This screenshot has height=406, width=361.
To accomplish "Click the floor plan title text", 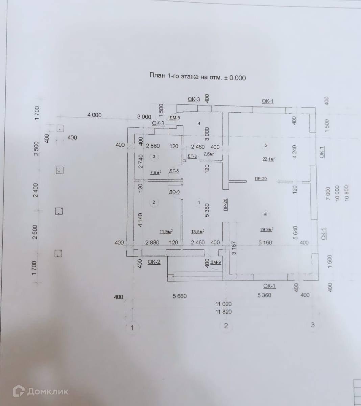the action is [198, 77].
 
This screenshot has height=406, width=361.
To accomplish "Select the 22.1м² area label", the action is [268, 159].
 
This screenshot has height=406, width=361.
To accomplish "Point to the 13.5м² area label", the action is [198, 232].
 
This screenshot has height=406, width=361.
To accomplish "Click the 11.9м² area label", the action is [166, 232].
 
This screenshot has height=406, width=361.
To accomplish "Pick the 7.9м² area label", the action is [155, 172].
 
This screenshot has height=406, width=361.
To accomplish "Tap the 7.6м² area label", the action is [209, 154].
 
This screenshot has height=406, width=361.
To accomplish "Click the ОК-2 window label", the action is [154, 262].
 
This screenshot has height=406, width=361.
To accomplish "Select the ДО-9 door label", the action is [174, 192].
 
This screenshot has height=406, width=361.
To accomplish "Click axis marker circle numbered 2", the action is [226, 326].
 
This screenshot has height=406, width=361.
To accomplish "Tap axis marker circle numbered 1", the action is [133, 327].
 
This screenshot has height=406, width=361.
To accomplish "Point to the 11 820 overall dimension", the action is [223, 312].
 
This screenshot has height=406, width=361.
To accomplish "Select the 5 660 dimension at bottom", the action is [179, 296].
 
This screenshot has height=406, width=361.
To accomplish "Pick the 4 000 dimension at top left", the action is [94, 115].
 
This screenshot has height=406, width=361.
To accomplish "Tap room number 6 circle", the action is [265, 214].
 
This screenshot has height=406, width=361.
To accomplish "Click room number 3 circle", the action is [154, 157].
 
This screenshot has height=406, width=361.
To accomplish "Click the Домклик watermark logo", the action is [41, 391].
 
